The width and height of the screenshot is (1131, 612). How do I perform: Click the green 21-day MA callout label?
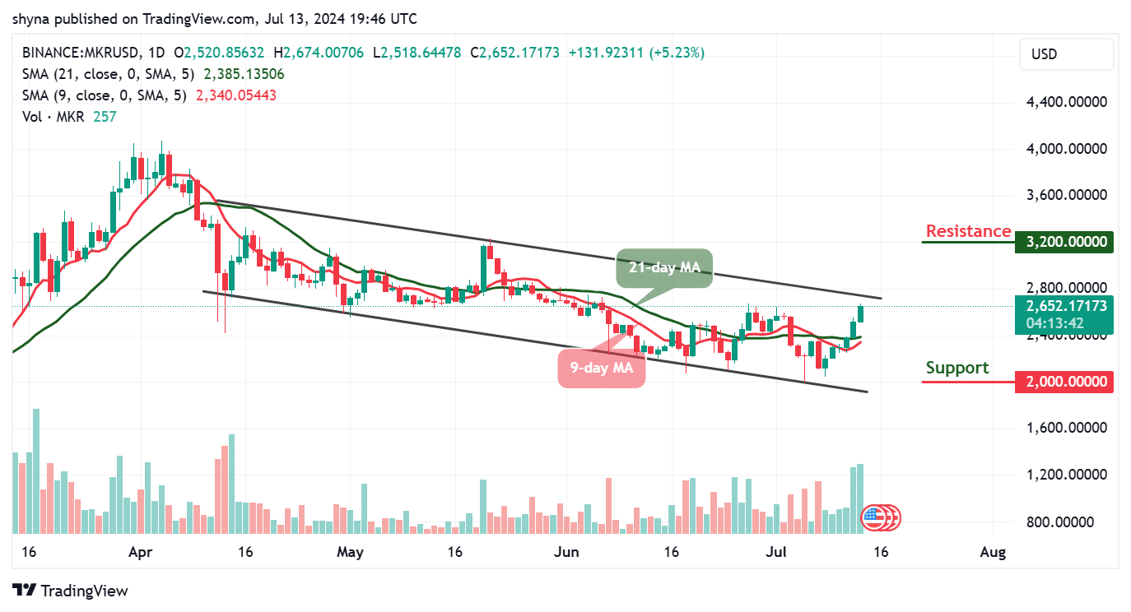(x=664, y=269)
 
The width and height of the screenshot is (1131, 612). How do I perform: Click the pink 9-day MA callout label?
(x=601, y=368)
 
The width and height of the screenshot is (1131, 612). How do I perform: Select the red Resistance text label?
(x=968, y=231)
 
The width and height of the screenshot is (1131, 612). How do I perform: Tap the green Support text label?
(x=957, y=368)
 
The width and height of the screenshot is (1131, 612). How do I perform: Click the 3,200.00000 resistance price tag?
(x=1067, y=243)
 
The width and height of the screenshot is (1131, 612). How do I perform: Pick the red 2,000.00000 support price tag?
(x=1067, y=382)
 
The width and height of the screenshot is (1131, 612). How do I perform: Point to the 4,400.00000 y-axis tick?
(x=1067, y=102)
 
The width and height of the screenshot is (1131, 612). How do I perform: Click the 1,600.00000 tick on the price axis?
(x=1067, y=428)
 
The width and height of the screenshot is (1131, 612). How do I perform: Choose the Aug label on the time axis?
(x=994, y=551)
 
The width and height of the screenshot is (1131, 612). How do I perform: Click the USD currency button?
(x=1067, y=54)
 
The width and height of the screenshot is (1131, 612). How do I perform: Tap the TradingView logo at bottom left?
(x=71, y=591)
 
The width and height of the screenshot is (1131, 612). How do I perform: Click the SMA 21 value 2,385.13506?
(x=244, y=74)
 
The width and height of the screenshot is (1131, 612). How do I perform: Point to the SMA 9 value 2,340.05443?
(x=235, y=95)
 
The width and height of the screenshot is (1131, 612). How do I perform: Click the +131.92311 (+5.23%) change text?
(x=636, y=53)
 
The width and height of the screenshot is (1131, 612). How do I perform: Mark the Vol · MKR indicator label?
(x=54, y=117)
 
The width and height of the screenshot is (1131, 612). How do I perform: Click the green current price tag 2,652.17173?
(x=1067, y=306)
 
